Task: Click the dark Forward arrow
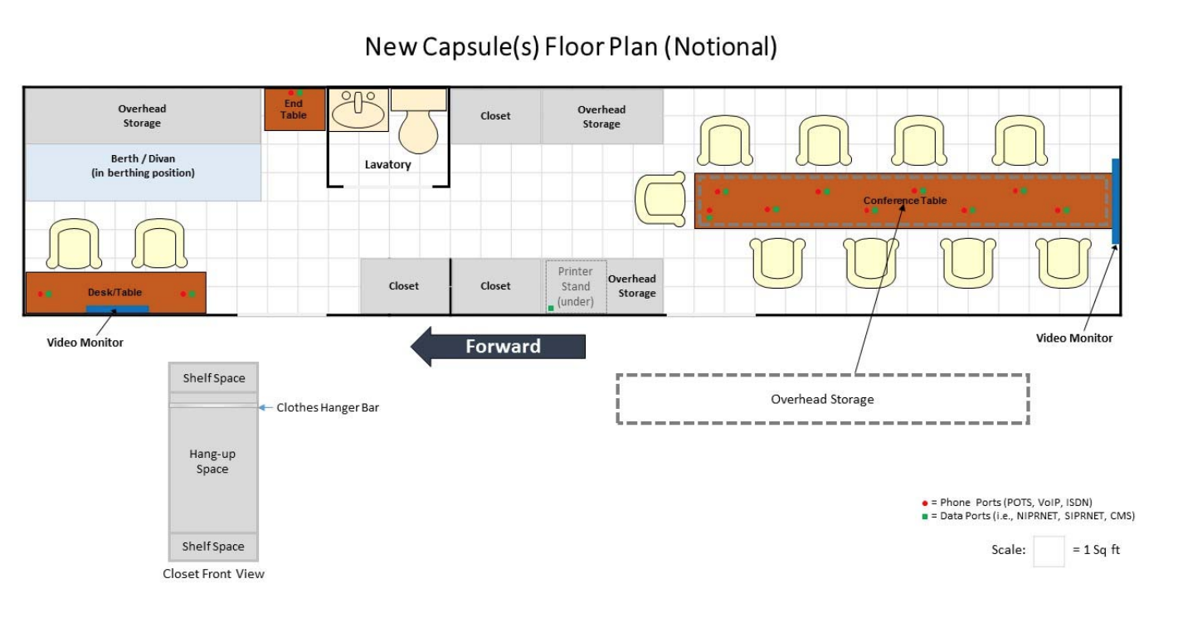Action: (x=498, y=347)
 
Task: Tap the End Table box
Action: (x=294, y=109)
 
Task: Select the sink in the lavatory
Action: (x=358, y=109)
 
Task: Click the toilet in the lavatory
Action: (x=419, y=121)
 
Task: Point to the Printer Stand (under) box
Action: (x=576, y=286)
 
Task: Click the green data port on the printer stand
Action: (x=551, y=308)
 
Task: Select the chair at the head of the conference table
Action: (x=660, y=199)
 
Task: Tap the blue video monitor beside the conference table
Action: (x=1116, y=202)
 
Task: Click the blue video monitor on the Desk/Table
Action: (x=117, y=309)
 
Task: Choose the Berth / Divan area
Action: (x=143, y=173)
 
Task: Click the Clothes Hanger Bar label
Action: (x=328, y=407)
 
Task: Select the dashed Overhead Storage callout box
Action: (x=822, y=399)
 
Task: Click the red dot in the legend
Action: (x=924, y=503)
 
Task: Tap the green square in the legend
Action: (x=924, y=517)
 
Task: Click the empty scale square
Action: (x=1049, y=551)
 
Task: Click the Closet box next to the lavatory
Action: (x=495, y=115)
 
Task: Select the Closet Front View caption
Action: (x=213, y=574)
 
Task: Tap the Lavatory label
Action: (x=388, y=164)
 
